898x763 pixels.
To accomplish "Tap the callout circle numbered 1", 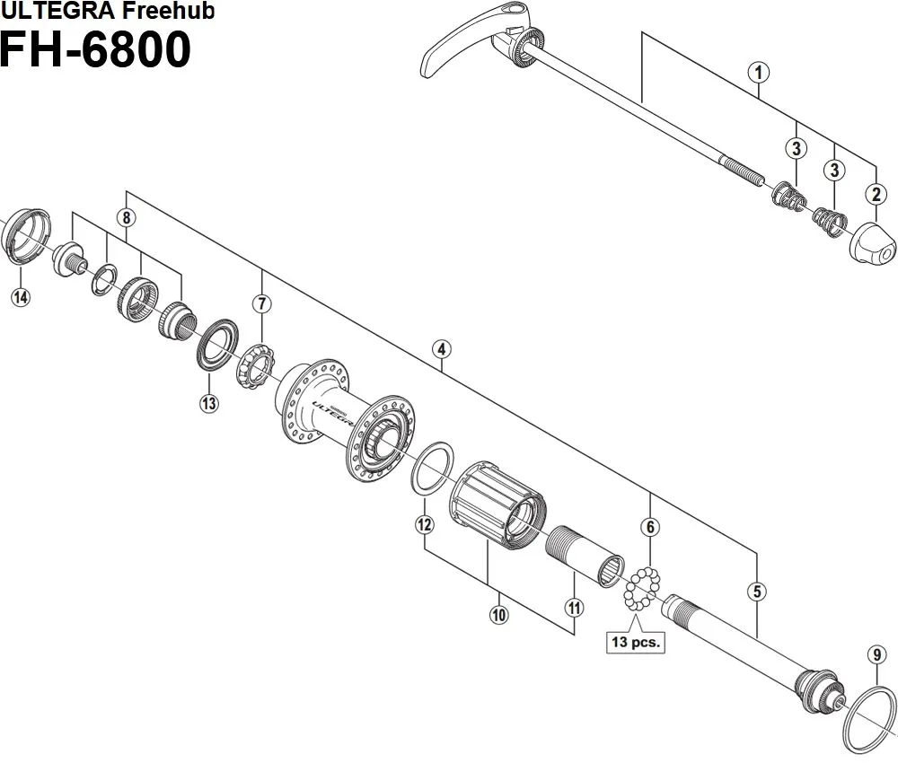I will coord(760,73).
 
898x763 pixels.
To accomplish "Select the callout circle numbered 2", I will coord(875,193).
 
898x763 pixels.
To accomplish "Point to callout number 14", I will coord(21,297).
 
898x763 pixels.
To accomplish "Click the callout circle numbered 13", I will coord(208,403).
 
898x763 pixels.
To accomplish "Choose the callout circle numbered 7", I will coord(261,303).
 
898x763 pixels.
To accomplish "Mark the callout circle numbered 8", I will coord(127,217).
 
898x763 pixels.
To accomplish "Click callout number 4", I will coord(440,350).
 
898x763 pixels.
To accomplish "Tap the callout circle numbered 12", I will coord(425,524).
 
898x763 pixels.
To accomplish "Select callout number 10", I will coord(498,615).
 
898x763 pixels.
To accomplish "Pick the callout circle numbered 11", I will coord(574,608).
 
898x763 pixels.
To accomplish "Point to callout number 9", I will coord(876,654).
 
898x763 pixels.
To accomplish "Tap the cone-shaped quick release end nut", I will coord(874,243).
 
